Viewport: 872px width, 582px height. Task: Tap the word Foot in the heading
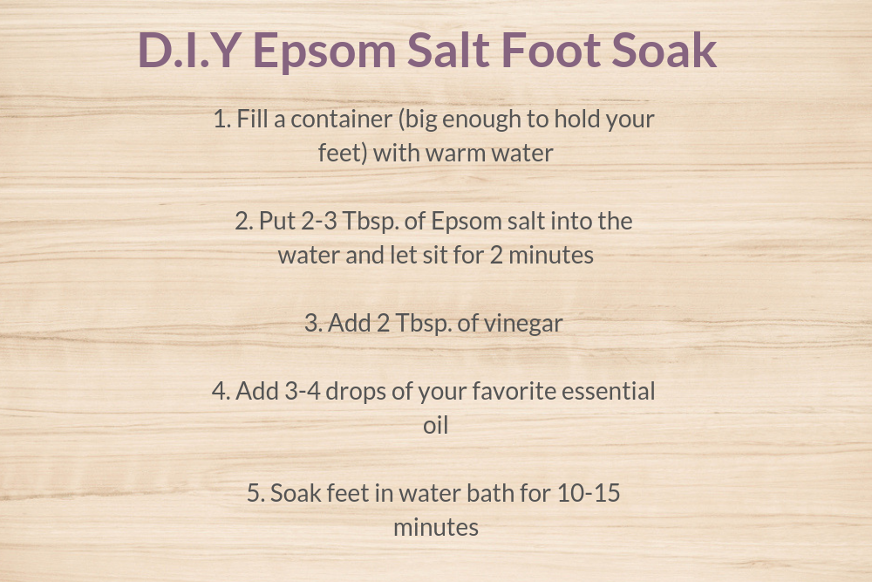pos(550,50)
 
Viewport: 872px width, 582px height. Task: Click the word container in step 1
pos(342,119)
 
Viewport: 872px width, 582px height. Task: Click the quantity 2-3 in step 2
pos(319,221)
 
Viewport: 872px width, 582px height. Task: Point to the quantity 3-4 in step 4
pos(303,391)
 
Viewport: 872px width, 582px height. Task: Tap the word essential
pos(609,391)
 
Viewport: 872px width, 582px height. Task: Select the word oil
pos(435,425)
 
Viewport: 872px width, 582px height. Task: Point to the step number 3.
pos(312,323)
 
